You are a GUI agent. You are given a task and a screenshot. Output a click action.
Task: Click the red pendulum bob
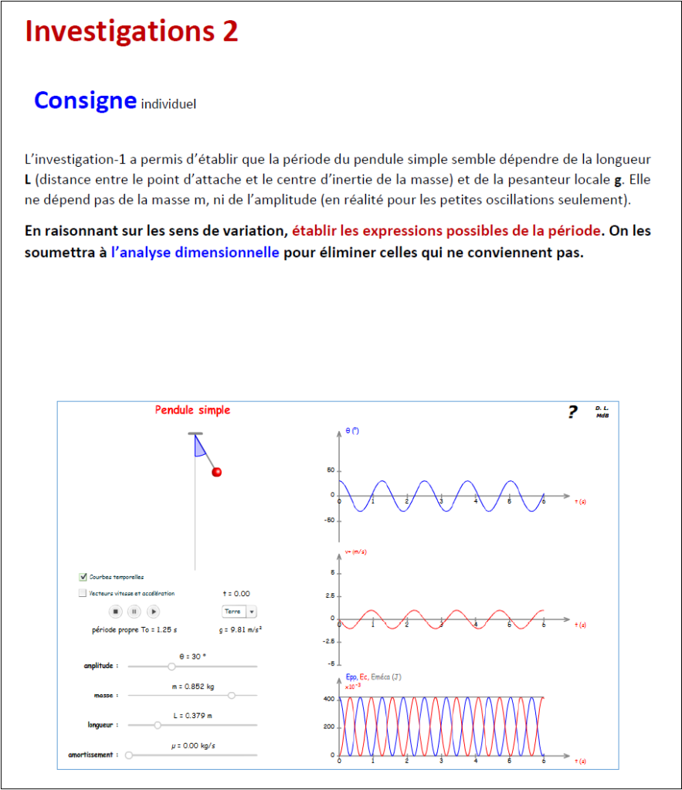coord(217,472)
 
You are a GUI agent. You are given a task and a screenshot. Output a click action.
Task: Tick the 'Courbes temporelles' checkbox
coord(83,577)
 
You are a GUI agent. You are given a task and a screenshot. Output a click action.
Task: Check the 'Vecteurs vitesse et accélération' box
coord(83,594)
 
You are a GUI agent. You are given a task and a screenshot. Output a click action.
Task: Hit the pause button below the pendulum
coord(134,612)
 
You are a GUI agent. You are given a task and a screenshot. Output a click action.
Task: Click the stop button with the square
coord(115,612)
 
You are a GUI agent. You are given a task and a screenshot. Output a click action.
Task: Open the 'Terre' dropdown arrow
coord(252,612)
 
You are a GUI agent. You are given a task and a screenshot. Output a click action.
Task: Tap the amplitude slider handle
coord(171,666)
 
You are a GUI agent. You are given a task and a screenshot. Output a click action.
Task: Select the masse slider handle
coord(231,696)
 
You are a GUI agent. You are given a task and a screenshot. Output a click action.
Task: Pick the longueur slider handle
coord(158,725)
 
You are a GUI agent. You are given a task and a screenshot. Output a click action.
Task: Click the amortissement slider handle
coord(129,754)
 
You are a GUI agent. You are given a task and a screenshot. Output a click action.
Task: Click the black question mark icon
coord(572,412)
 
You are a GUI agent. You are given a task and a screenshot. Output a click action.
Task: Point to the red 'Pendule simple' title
coord(192,410)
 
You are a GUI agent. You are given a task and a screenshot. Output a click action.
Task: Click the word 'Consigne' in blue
coord(85,100)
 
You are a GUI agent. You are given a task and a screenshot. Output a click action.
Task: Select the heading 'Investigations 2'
coord(132,32)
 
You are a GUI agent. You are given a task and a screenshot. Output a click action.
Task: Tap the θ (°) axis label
coord(352,431)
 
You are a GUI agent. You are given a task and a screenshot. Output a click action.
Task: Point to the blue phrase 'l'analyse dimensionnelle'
coord(195,253)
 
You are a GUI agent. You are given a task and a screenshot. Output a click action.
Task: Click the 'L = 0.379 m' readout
coord(191,715)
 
